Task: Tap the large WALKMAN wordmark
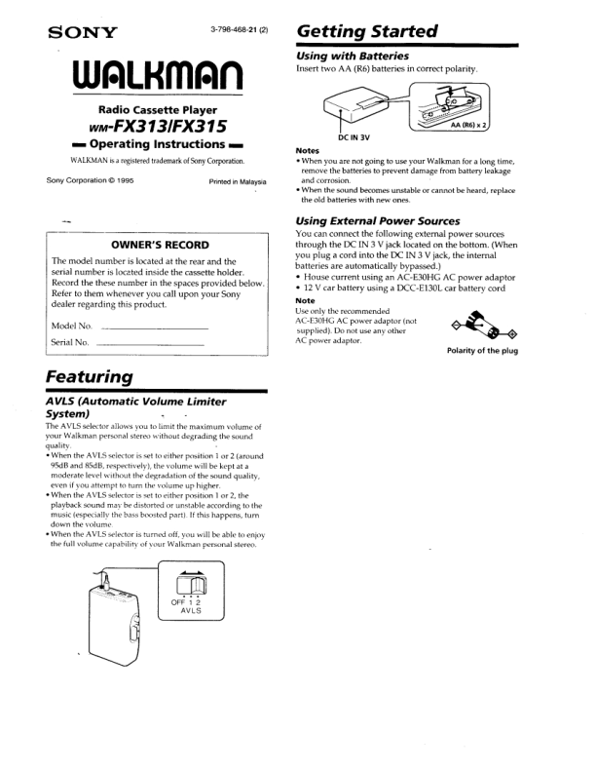158,74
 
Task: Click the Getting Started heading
365,31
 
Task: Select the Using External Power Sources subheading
377,221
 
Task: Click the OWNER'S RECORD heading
158,245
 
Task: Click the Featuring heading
90,376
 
